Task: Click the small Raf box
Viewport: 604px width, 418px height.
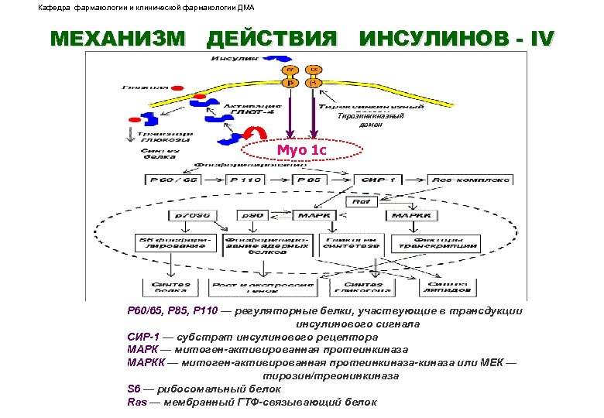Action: tap(362, 200)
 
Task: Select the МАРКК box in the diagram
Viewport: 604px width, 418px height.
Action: tap(414, 214)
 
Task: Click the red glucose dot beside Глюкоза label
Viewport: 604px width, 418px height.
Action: tap(177, 88)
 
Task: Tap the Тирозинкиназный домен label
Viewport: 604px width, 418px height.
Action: tap(360, 120)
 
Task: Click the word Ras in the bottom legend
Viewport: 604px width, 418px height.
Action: tap(136, 403)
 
